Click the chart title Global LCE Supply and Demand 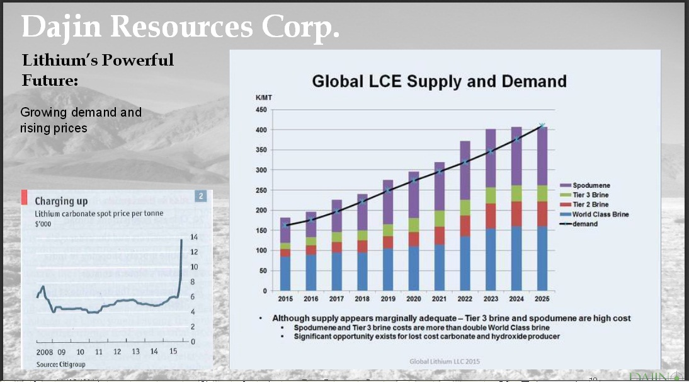point(439,81)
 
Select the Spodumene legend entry point(591,186)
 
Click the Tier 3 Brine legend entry point(590,195)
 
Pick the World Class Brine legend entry point(600,214)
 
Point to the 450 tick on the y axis point(261,110)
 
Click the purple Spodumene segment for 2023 point(491,158)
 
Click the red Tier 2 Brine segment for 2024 point(516,214)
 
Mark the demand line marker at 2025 point(542,126)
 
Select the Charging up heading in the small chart point(61,201)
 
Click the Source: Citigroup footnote point(60,364)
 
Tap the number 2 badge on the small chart point(201,196)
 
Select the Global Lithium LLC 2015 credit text point(445,361)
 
